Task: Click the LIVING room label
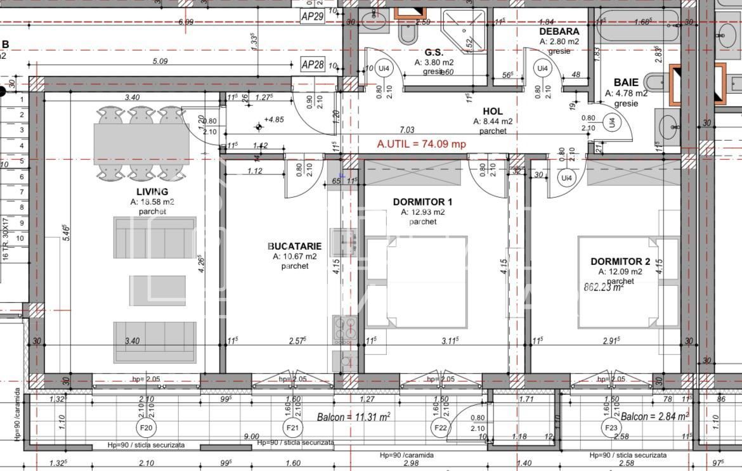(x=152, y=191)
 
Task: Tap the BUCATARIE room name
(x=294, y=246)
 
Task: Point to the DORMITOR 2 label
(x=620, y=261)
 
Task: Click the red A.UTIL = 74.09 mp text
(x=421, y=144)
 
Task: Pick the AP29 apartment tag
(x=313, y=17)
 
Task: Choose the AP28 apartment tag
(x=313, y=65)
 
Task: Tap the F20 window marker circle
(x=146, y=428)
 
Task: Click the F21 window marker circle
(x=292, y=428)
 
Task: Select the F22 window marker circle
(x=441, y=428)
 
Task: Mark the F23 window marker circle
(x=611, y=428)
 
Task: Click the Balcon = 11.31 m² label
(x=353, y=416)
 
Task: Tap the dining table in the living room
(x=141, y=144)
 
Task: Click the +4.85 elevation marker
(x=258, y=127)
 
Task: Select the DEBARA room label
(x=559, y=31)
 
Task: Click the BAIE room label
(x=626, y=82)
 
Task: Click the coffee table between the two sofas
(x=157, y=290)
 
